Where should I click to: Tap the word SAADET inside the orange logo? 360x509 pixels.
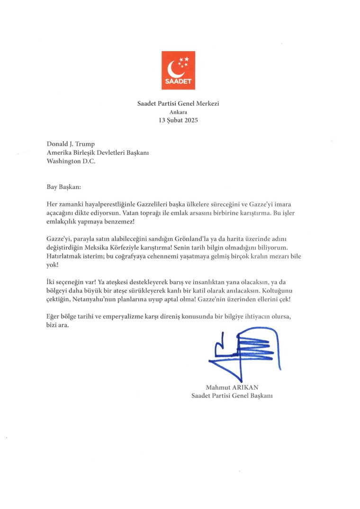(x=178, y=81)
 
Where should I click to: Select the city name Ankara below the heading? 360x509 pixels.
(x=179, y=112)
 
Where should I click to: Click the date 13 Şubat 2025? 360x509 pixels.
(x=179, y=120)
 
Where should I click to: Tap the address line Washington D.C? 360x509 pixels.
(x=71, y=161)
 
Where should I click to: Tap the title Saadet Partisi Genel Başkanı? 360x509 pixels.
(x=232, y=395)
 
